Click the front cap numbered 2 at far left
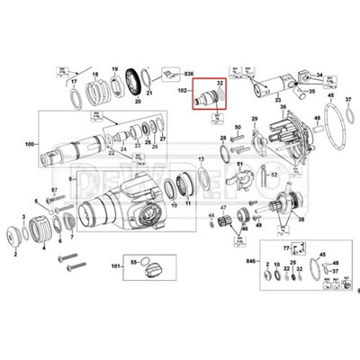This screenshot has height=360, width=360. coord(15,239)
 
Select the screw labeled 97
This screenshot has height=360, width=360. coord(53,190)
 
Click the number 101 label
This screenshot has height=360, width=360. coord(115,266)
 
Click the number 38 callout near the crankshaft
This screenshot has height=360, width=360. coord(301,220)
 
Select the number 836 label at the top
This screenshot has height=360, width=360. coord(190,72)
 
